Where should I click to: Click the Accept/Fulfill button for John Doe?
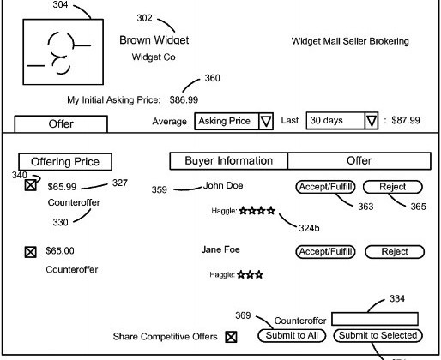(x=325, y=187)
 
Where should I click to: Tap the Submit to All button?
(x=292, y=335)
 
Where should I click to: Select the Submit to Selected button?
(x=378, y=335)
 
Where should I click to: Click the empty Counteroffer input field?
(x=375, y=319)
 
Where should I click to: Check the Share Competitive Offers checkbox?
(x=231, y=337)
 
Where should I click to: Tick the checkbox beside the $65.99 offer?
(x=30, y=185)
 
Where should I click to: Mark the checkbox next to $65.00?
(x=30, y=252)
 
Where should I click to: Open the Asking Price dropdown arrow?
(x=266, y=121)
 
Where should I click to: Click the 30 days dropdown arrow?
(x=372, y=121)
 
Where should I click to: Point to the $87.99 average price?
(x=406, y=120)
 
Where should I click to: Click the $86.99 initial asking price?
(x=184, y=100)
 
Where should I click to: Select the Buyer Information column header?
(x=229, y=161)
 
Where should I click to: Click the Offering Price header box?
(x=65, y=162)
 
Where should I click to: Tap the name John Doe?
(x=223, y=186)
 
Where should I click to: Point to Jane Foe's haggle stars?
(x=251, y=275)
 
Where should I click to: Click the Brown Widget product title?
(x=154, y=40)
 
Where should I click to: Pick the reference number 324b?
(x=309, y=228)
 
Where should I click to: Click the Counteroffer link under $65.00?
(x=72, y=269)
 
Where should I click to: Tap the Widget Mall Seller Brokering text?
(x=350, y=41)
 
